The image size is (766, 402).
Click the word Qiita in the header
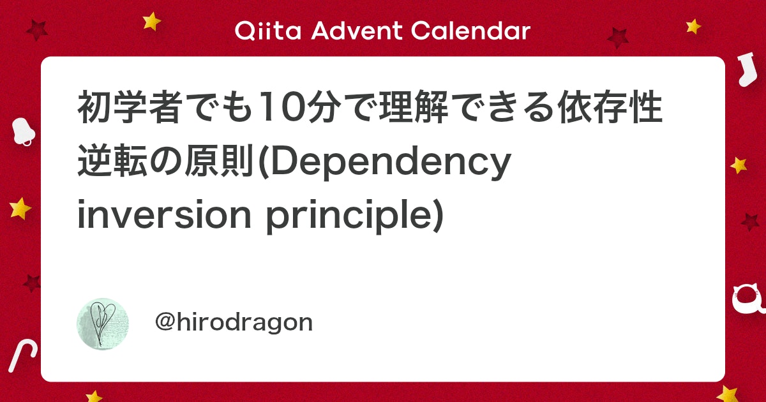point(267,31)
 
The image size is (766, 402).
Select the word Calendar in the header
point(471,31)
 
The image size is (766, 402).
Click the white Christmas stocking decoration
point(747,69)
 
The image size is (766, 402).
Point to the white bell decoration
point(23,131)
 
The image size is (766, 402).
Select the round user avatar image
point(103,324)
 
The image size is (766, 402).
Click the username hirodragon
point(244,322)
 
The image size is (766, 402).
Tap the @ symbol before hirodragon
point(165,322)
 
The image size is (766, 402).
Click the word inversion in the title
point(165,214)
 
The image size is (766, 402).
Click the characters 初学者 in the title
point(129,107)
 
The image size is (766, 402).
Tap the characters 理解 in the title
point(414,107)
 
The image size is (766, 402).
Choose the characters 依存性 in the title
point(610,107)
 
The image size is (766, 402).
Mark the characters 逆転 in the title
point(112,161)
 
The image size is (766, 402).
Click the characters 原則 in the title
point(218,161)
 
